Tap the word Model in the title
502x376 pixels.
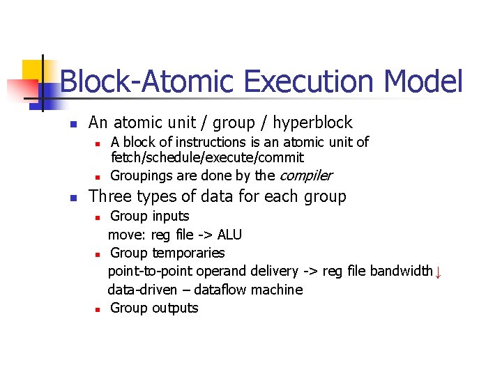[423, 82]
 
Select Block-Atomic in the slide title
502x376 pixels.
[146, 82]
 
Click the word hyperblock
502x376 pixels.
[312, 123]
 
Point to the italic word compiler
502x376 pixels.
[305, 175]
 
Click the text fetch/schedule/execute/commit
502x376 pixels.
[207, 158]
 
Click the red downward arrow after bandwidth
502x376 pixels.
[438, 272]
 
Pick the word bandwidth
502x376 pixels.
[401, 271]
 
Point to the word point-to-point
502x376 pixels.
[151, 271]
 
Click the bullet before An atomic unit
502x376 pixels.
[71, 124]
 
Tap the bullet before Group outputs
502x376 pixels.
[100, 308]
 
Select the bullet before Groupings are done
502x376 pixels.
[100, 176]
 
